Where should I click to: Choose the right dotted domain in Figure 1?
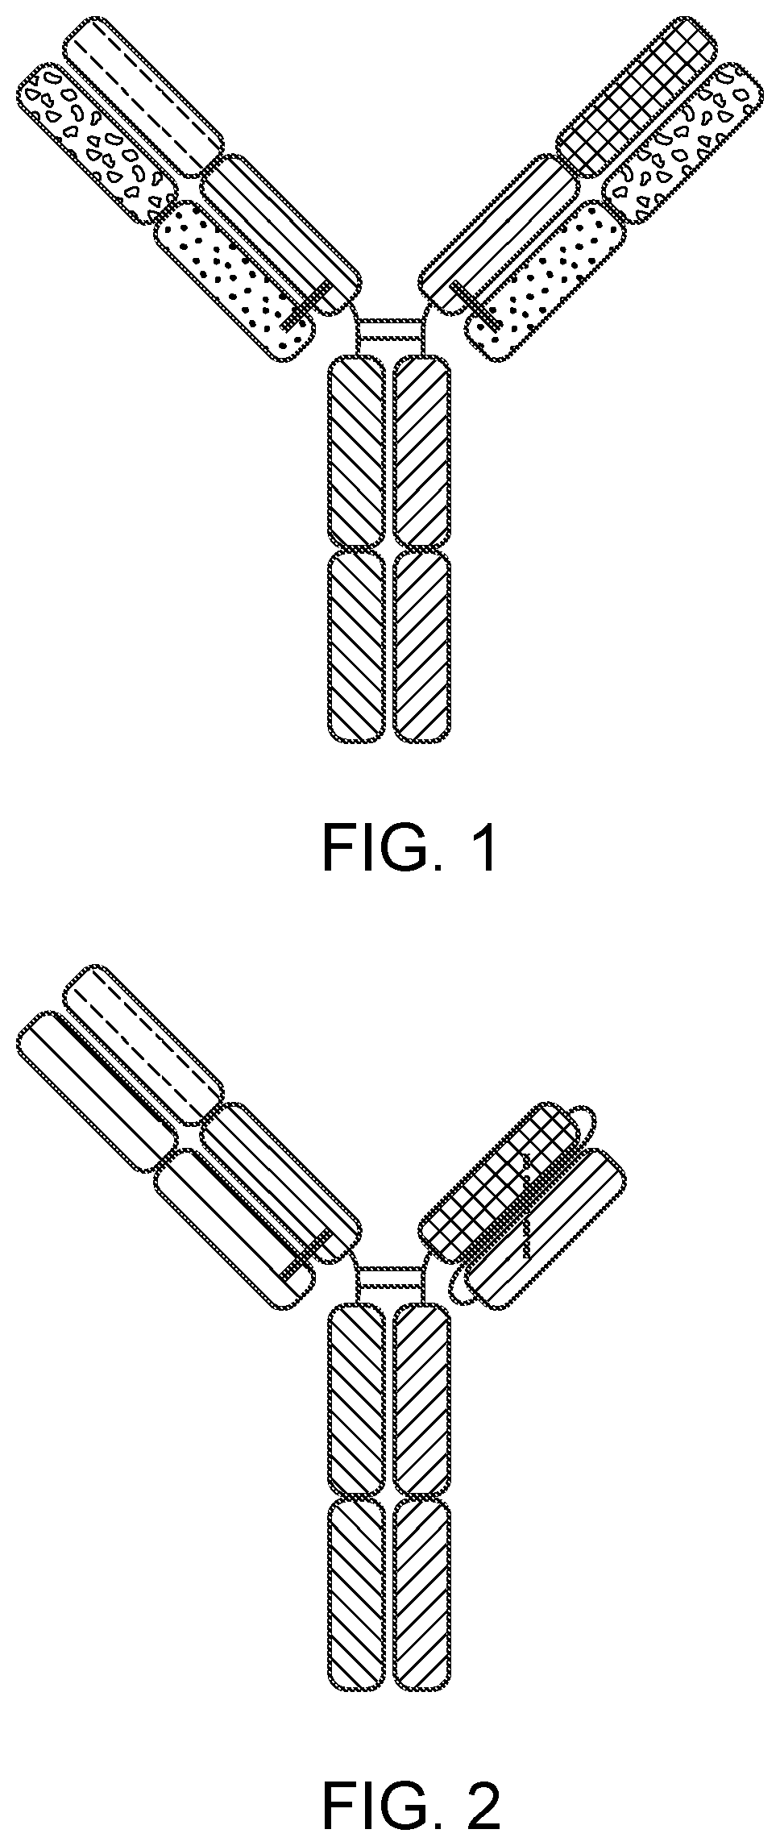[545, 278]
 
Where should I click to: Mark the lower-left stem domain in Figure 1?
[355, 645]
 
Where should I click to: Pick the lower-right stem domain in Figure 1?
[422, 645]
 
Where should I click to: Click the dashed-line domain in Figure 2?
[143, 1045]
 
